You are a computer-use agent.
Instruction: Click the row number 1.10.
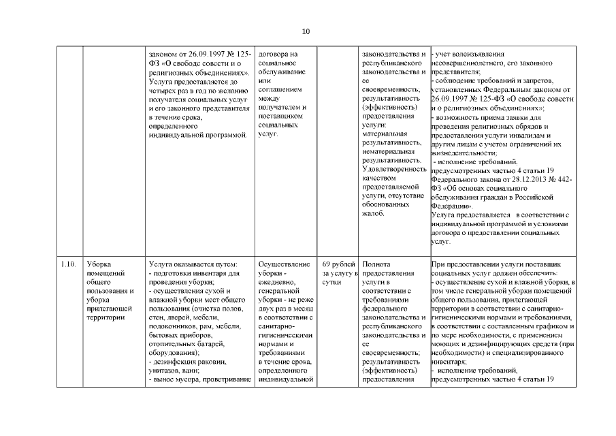tap(67, 264)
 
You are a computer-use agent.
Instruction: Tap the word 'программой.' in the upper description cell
tap(229, 134)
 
